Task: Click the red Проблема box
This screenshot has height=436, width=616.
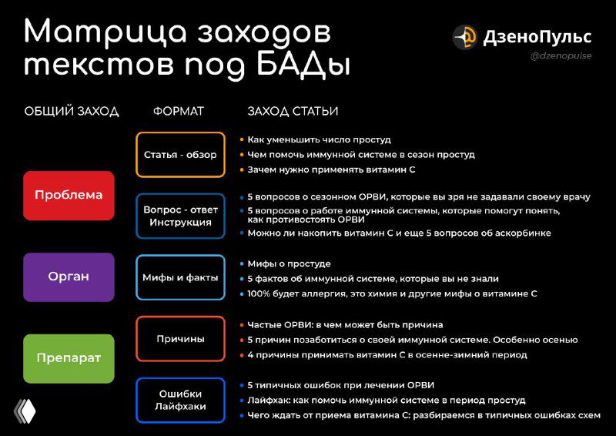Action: click(x=69, y=196)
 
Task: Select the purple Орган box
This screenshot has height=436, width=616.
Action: click(x=69, y=277)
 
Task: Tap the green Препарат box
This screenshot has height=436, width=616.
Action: click(x=69, y=358)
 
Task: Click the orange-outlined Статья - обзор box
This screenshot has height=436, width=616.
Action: click(x=180, y=155)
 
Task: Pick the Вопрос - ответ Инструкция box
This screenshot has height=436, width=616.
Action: click(x=180, y=216)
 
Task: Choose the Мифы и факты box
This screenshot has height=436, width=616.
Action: click(x=180, y=277)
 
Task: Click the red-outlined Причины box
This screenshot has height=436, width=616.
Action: click(x=180, y=339)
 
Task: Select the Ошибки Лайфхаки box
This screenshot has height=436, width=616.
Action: click(x=180, y=400)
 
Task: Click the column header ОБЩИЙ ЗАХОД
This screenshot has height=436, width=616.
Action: click(x=72, y=112)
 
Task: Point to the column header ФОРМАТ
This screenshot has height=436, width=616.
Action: click(x=179, y=112)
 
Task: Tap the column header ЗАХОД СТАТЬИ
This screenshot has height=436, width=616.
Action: click(x=293, y=112)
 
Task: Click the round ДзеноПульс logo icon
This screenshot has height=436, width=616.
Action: click(x=465, y=36)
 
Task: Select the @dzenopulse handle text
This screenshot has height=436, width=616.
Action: click(x=561, y=56)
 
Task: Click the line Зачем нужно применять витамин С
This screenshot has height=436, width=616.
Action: click(x=332, y=169)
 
